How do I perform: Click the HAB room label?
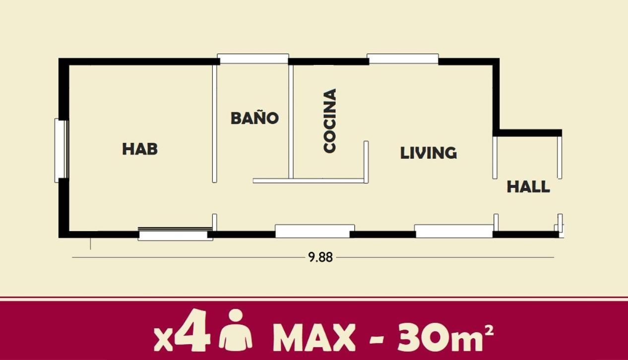(140, 149)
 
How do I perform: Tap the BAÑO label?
(254, 118)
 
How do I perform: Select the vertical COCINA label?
(330, 121)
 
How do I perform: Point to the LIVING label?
(429, 153)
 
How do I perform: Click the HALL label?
(528, 186)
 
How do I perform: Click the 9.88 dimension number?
(320, 257)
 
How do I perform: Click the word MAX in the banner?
(314, 338)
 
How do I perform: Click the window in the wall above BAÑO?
(253, 59)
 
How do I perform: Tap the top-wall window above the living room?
(403, 59)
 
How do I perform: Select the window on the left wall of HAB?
(62, 150)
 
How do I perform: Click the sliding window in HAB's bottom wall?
(175, 234)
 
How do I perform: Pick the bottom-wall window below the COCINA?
(314, 231)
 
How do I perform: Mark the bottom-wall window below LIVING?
(453, 231)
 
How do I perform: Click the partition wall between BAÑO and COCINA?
(291, 121)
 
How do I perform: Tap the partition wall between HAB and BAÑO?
(214, 123)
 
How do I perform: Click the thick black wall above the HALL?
(527, 133)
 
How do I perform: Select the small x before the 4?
(163, 342)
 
